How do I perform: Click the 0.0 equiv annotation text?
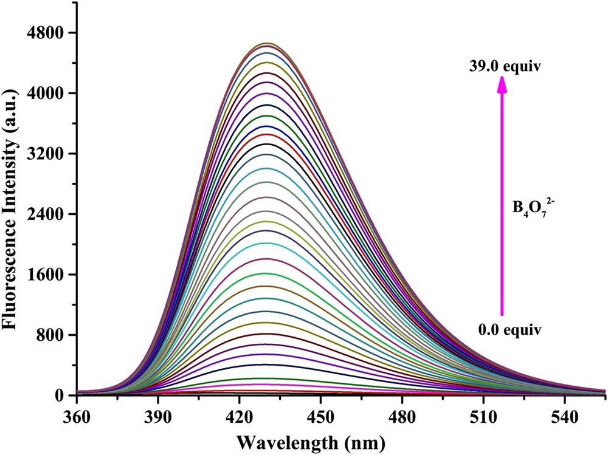tap(510, 330)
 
